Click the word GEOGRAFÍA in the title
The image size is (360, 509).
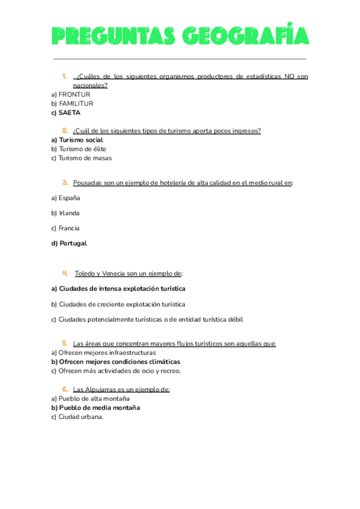point(245,37)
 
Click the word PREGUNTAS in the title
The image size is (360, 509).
point(111,37)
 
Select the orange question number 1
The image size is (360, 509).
point(64,76)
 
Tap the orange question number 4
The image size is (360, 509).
point(64,273)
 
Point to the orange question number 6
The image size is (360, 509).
point(64,389)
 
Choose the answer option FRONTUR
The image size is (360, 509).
point(74,94)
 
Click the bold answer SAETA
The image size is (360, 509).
point(69,112)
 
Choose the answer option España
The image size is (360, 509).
point(69,197)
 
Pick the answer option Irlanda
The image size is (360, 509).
point(69,212)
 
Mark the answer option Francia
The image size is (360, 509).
point(69,228)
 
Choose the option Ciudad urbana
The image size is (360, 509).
point(80,417)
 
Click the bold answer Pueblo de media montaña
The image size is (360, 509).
point(99,408)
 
